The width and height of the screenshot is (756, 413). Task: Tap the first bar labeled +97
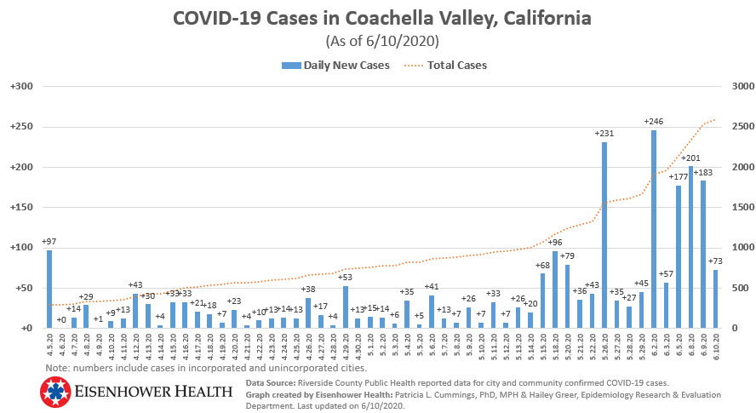49,289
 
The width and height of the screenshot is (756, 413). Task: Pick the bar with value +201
691,247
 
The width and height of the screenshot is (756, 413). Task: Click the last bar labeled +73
716,298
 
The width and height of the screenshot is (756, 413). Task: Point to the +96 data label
554,242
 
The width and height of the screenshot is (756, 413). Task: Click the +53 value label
346,277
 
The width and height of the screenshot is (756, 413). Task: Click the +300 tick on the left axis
20,86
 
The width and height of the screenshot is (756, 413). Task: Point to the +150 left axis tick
20,207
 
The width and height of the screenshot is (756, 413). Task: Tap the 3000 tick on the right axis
735,86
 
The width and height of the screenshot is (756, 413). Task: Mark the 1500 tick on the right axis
735,207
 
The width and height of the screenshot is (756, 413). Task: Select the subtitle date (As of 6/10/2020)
379,41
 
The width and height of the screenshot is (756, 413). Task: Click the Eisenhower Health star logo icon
54,393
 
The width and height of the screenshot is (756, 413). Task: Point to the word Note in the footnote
58,368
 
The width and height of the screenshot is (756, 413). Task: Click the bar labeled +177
679,256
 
